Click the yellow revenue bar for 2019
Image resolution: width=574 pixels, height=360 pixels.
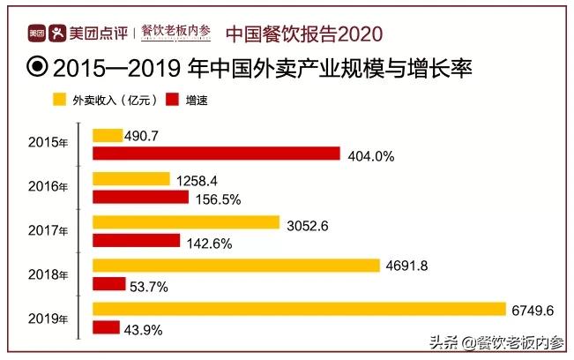pos(299,309)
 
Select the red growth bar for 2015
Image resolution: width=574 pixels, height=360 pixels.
pos(216,154)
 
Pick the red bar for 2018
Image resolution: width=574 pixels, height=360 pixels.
pos(109,284)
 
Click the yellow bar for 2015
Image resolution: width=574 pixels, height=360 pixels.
pos(108,135)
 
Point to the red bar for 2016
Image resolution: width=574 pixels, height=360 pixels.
pos(140,197)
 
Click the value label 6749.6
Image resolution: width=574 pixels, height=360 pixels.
pos(532,310)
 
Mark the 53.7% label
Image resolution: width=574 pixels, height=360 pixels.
pos(149,286)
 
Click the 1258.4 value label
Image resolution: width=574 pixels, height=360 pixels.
pos(198,180)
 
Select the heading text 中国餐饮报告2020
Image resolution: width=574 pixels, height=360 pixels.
pos(304,34)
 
